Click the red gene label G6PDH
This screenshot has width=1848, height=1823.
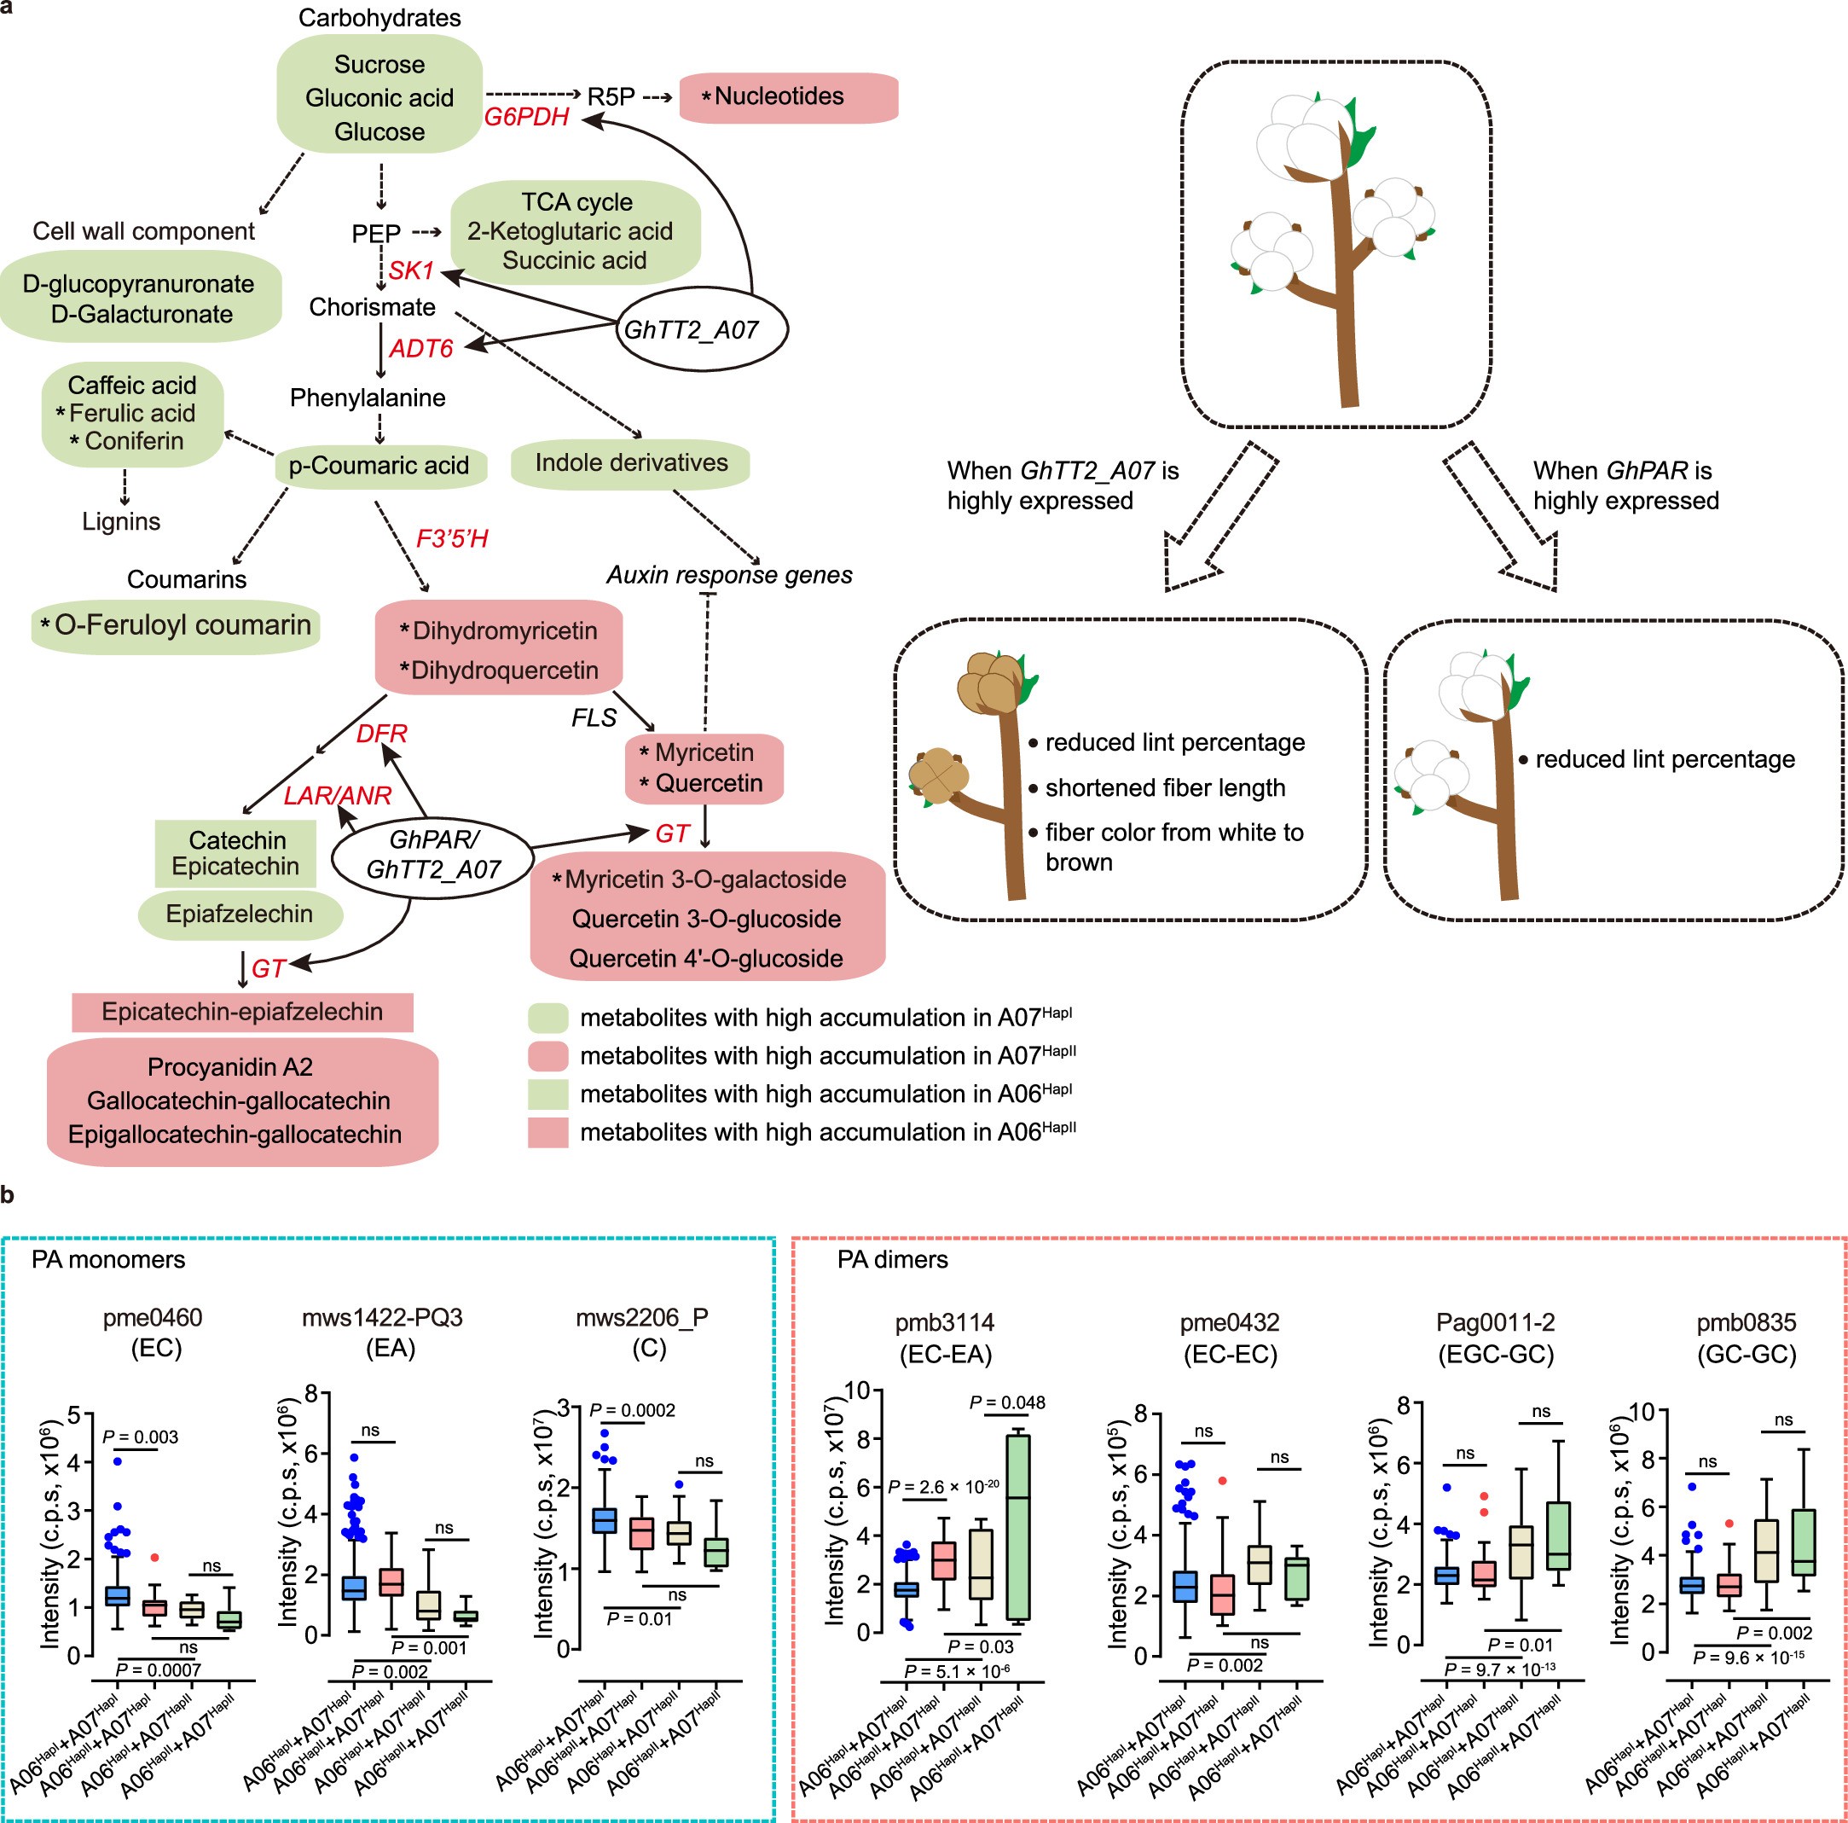527,118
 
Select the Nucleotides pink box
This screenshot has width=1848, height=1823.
788,96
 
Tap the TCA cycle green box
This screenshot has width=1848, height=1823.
575,231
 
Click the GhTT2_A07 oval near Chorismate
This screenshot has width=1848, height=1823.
701,329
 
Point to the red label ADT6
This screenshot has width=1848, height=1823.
421,348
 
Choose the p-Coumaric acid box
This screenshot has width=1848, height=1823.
379,466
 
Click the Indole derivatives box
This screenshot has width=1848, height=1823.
630,463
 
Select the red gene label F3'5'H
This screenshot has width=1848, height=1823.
453,539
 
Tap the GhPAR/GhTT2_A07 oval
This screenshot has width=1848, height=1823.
432,855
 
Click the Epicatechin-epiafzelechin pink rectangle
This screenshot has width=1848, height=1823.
242,1012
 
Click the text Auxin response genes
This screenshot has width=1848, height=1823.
729,575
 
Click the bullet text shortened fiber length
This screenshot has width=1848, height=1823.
1164,787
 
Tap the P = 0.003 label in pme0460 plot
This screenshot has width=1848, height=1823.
140,1437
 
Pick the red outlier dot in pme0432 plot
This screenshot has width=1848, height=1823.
1221,1480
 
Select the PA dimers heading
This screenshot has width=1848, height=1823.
892,1259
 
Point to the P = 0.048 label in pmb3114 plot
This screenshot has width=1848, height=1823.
1007,1403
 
